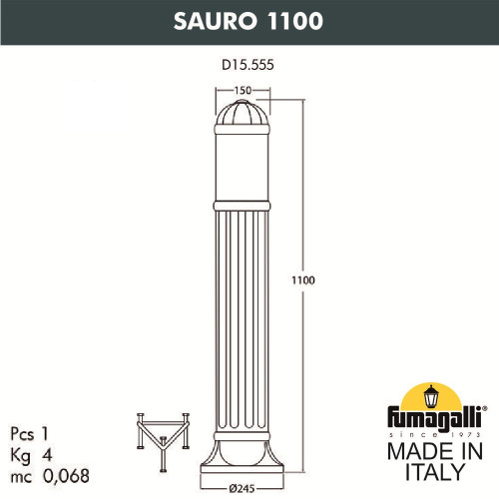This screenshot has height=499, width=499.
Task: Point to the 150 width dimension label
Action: click(241, 90)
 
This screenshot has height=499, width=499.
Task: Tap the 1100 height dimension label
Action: click(303, 280)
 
